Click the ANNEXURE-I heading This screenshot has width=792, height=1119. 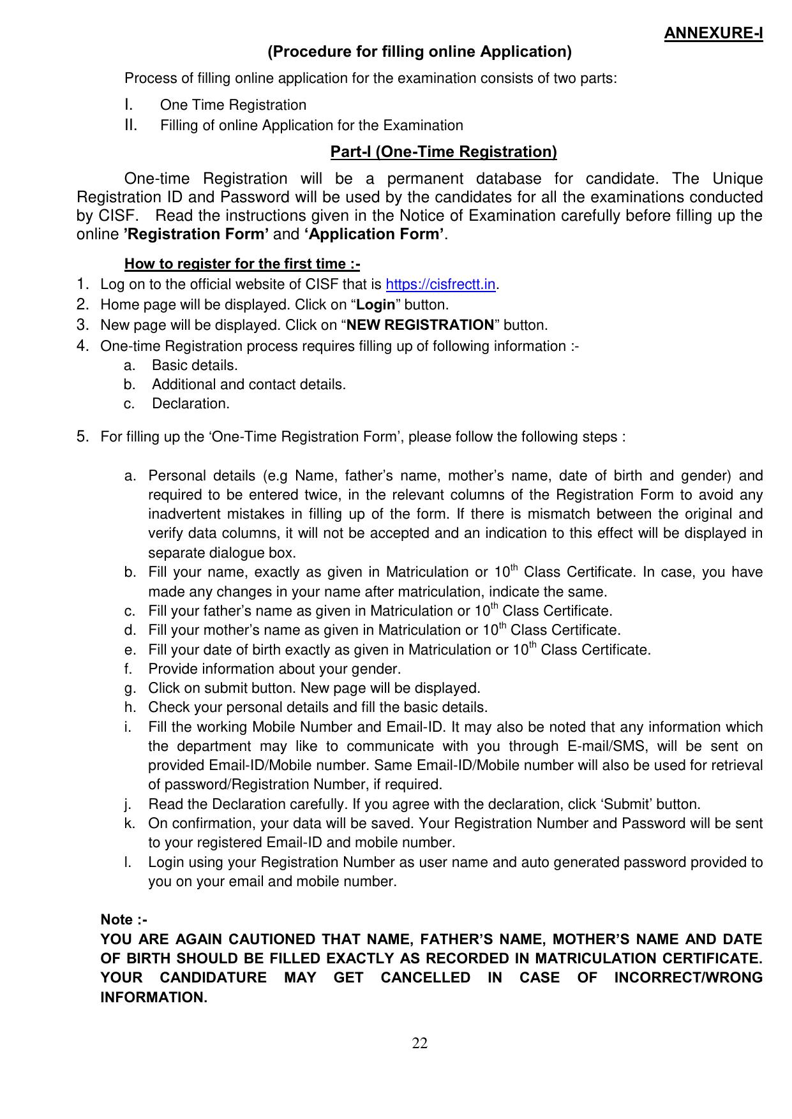(713, 33)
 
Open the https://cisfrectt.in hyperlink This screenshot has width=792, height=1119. (441, 285)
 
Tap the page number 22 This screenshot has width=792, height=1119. (419, 1044)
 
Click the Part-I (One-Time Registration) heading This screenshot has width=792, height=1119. (444, 152)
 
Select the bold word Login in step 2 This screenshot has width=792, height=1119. (376, 305)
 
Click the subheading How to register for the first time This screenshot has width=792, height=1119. (242, 264)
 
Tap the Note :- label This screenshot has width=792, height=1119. (124, 920)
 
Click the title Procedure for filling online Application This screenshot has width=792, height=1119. (419, 52)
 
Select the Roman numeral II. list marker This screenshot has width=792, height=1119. (131, 125)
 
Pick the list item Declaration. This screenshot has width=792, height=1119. (190, 404)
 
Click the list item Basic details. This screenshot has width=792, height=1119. (195, 366)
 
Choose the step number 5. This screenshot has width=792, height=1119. (82, 437)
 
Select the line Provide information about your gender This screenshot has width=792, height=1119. (274, 669)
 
